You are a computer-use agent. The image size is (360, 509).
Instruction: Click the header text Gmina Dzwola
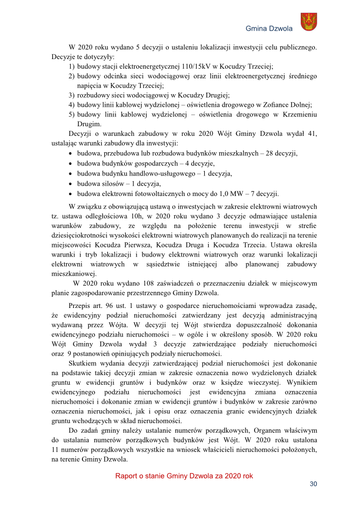[269, 29]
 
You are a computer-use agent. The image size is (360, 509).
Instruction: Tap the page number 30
[313, 484]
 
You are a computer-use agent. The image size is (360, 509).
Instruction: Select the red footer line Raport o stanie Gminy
[184, 476]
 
